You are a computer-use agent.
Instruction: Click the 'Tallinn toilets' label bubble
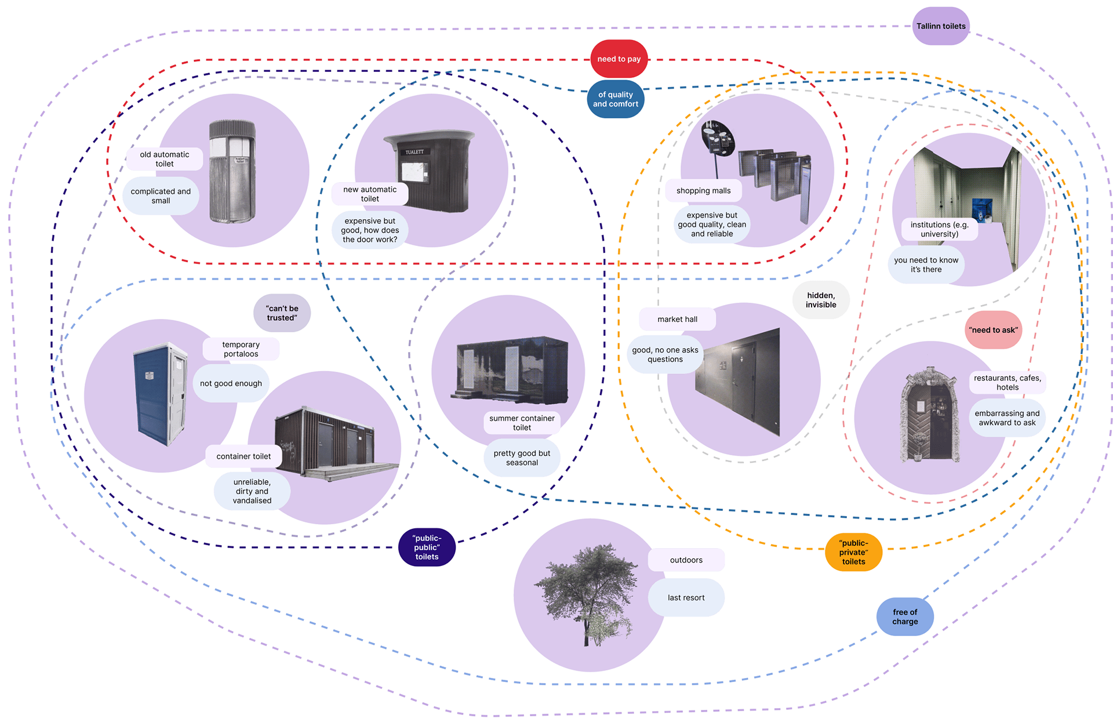tap(940, 26)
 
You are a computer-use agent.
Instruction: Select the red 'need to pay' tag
tap(619, 59)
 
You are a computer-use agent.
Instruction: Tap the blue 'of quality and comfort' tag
tap(615, 99)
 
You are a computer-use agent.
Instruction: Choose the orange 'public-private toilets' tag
tap(853, 552)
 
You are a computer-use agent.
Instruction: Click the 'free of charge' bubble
tap(904, 617)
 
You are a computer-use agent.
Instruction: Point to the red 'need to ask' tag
tap(993, 330)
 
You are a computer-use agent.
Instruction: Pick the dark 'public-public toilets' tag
tap(427, 547)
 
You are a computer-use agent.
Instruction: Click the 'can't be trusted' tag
tap(282, 313)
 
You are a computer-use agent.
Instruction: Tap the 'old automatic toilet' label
tap(164, 159)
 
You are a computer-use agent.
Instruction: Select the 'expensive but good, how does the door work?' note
tap(370, 230)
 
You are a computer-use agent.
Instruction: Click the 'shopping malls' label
tap(703, 191)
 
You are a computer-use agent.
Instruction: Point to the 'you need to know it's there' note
tap(926, 265)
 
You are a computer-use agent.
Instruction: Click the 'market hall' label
tap(677, 319)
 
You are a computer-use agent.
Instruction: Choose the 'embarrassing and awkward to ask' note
tap(1007, 418)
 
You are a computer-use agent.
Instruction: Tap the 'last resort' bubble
tap(686, 597)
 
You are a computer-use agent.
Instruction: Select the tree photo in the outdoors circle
tap(585, 592)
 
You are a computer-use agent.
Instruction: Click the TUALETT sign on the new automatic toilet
tap(414, 152)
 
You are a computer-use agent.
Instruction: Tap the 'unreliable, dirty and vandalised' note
tap(252, 491)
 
